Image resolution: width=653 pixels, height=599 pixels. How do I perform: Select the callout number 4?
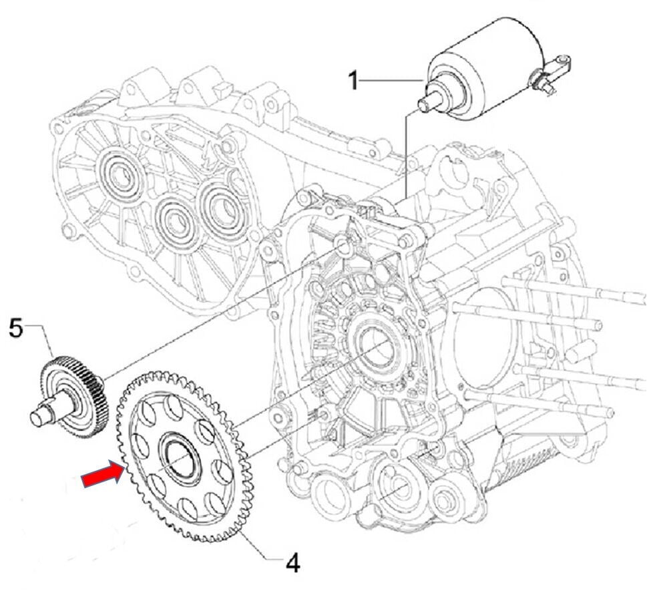(x=292, y=564)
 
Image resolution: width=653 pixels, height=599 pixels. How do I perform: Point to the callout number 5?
(x=16, y=329)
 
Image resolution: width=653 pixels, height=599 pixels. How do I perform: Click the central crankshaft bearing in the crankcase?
(x=377, y=348)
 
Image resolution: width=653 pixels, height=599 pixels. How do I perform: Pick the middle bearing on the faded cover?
(x=175, y=221)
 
